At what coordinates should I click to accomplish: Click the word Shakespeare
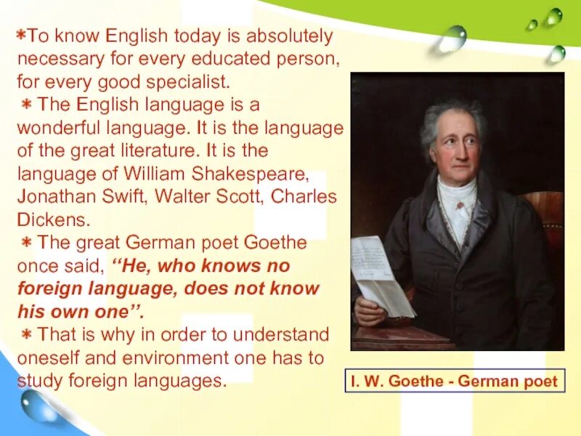point(248,174)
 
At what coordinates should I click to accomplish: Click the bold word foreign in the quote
point(48,288)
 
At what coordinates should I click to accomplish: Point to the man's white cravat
point(455,196)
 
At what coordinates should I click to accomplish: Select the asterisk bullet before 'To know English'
point(22,36)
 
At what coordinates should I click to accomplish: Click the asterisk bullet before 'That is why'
point(26,334)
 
